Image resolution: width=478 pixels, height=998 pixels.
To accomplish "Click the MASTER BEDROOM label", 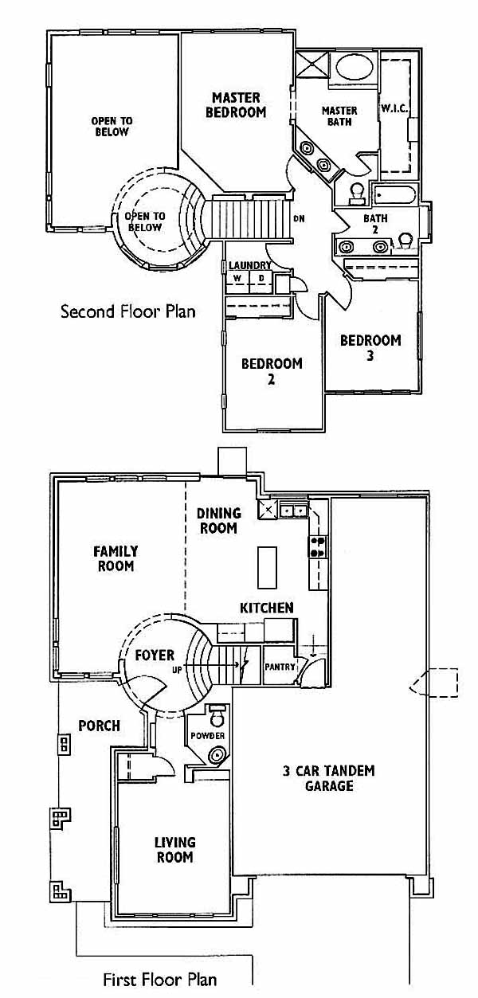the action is (236, 104).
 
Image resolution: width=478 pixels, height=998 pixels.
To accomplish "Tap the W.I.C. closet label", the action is (394, 108).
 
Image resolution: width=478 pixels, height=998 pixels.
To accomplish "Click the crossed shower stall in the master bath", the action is (312, 65).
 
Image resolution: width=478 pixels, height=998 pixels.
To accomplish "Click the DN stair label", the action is (299, 219).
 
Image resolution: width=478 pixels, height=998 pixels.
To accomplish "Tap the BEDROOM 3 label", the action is (370, 347).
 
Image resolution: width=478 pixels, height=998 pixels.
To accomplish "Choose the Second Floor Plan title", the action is (128, 311).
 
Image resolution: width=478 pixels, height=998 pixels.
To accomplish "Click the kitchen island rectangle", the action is (268, 567).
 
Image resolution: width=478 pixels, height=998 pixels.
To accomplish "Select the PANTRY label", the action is (280, 667).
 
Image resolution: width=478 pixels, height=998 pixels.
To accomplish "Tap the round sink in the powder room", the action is (217, 755).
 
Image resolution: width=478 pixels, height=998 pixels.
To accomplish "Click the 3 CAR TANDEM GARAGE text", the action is (329, 778).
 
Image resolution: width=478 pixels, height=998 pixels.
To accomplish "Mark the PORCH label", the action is (100, 726).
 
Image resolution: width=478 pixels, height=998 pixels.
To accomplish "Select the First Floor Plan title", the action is (160, 980).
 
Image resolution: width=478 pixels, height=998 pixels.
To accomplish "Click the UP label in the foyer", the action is (178, 670).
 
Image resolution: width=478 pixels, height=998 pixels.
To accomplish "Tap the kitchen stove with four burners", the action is (318, 546).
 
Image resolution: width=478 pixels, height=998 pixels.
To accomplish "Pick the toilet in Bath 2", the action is (406, 241).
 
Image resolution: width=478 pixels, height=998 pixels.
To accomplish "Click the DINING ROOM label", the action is (219, 520).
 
